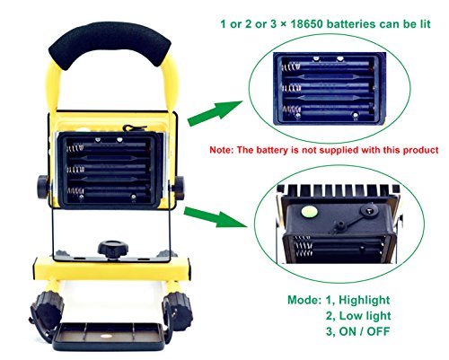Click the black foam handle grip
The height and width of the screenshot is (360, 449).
pyautogui.click(x=110, y=42)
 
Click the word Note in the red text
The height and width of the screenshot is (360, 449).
pyautogui.click(x=220, y=150)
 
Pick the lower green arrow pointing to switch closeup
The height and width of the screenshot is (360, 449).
pyautogui.click(x=216, y=216)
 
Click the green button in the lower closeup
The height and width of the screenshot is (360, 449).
pyautogui.click(x=310, y=212)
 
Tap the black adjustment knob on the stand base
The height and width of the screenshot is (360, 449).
pyautogui.click(x=113, y=249)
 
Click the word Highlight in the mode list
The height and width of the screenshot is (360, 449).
pyautogui.click(x=364, y=300)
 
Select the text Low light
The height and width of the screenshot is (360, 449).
pyautogui.click(x=365, y=316)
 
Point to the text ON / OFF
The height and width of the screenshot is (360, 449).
pyautogui.click(x=365, y=331)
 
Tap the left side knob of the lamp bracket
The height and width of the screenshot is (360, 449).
pyautogui.click(x=43, y=188)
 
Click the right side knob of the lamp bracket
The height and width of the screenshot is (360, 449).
pyautogui.click(x=179, y=188)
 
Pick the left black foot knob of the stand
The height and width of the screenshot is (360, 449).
pyautogui.click(x=47, y=310)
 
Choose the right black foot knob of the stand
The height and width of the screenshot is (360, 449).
pyautogui.click(x=177, y=312)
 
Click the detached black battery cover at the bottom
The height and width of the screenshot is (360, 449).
pyautogui.click(x=109, y=337)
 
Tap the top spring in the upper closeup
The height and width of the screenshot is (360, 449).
pyautogui.click(x=290, y=66)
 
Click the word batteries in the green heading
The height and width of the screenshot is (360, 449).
pyautogui.click(x=351, y=24)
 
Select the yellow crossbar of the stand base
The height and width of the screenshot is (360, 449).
pyautogui.click(x=111, y=269)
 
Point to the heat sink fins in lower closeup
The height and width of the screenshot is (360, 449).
pyautogui.click(x=339, y=189)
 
